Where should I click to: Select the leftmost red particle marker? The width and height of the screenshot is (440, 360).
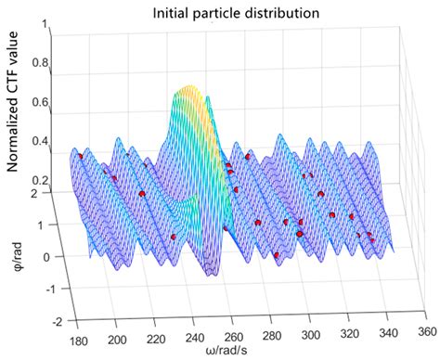80,157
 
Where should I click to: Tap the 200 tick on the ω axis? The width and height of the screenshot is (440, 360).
118,340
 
